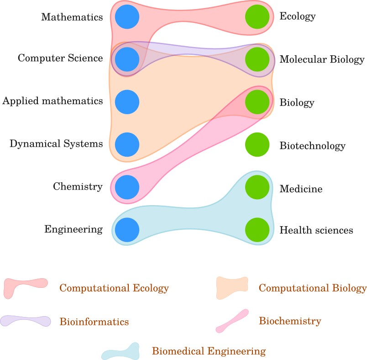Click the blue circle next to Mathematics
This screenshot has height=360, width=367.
coord(127,17)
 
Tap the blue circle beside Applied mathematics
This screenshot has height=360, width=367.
coord(127,101)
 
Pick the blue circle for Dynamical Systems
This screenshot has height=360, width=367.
coord(127,144)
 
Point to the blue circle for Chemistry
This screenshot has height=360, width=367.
coord(127,186)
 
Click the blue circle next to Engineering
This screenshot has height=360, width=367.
coord(127,229)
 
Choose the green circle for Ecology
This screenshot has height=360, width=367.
coord(257,17)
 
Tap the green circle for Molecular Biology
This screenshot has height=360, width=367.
coord(257,59)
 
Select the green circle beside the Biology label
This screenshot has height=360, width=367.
coord(257,101)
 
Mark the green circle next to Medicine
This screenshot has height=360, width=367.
coord(257,186)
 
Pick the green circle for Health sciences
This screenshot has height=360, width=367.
coord(257,229)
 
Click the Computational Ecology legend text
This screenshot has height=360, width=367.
coord(114,288)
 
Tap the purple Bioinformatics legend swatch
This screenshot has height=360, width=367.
coord(26,321)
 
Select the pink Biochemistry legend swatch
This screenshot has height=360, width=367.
coord(233,321)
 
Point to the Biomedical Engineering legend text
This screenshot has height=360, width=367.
coord(209,351)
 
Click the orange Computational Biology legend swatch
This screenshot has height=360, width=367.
coord(232,288)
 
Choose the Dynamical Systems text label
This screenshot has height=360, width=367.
coord(56,144)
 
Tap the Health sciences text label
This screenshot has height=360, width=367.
coord(316,230)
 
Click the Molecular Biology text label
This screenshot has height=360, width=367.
coord(322,59)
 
